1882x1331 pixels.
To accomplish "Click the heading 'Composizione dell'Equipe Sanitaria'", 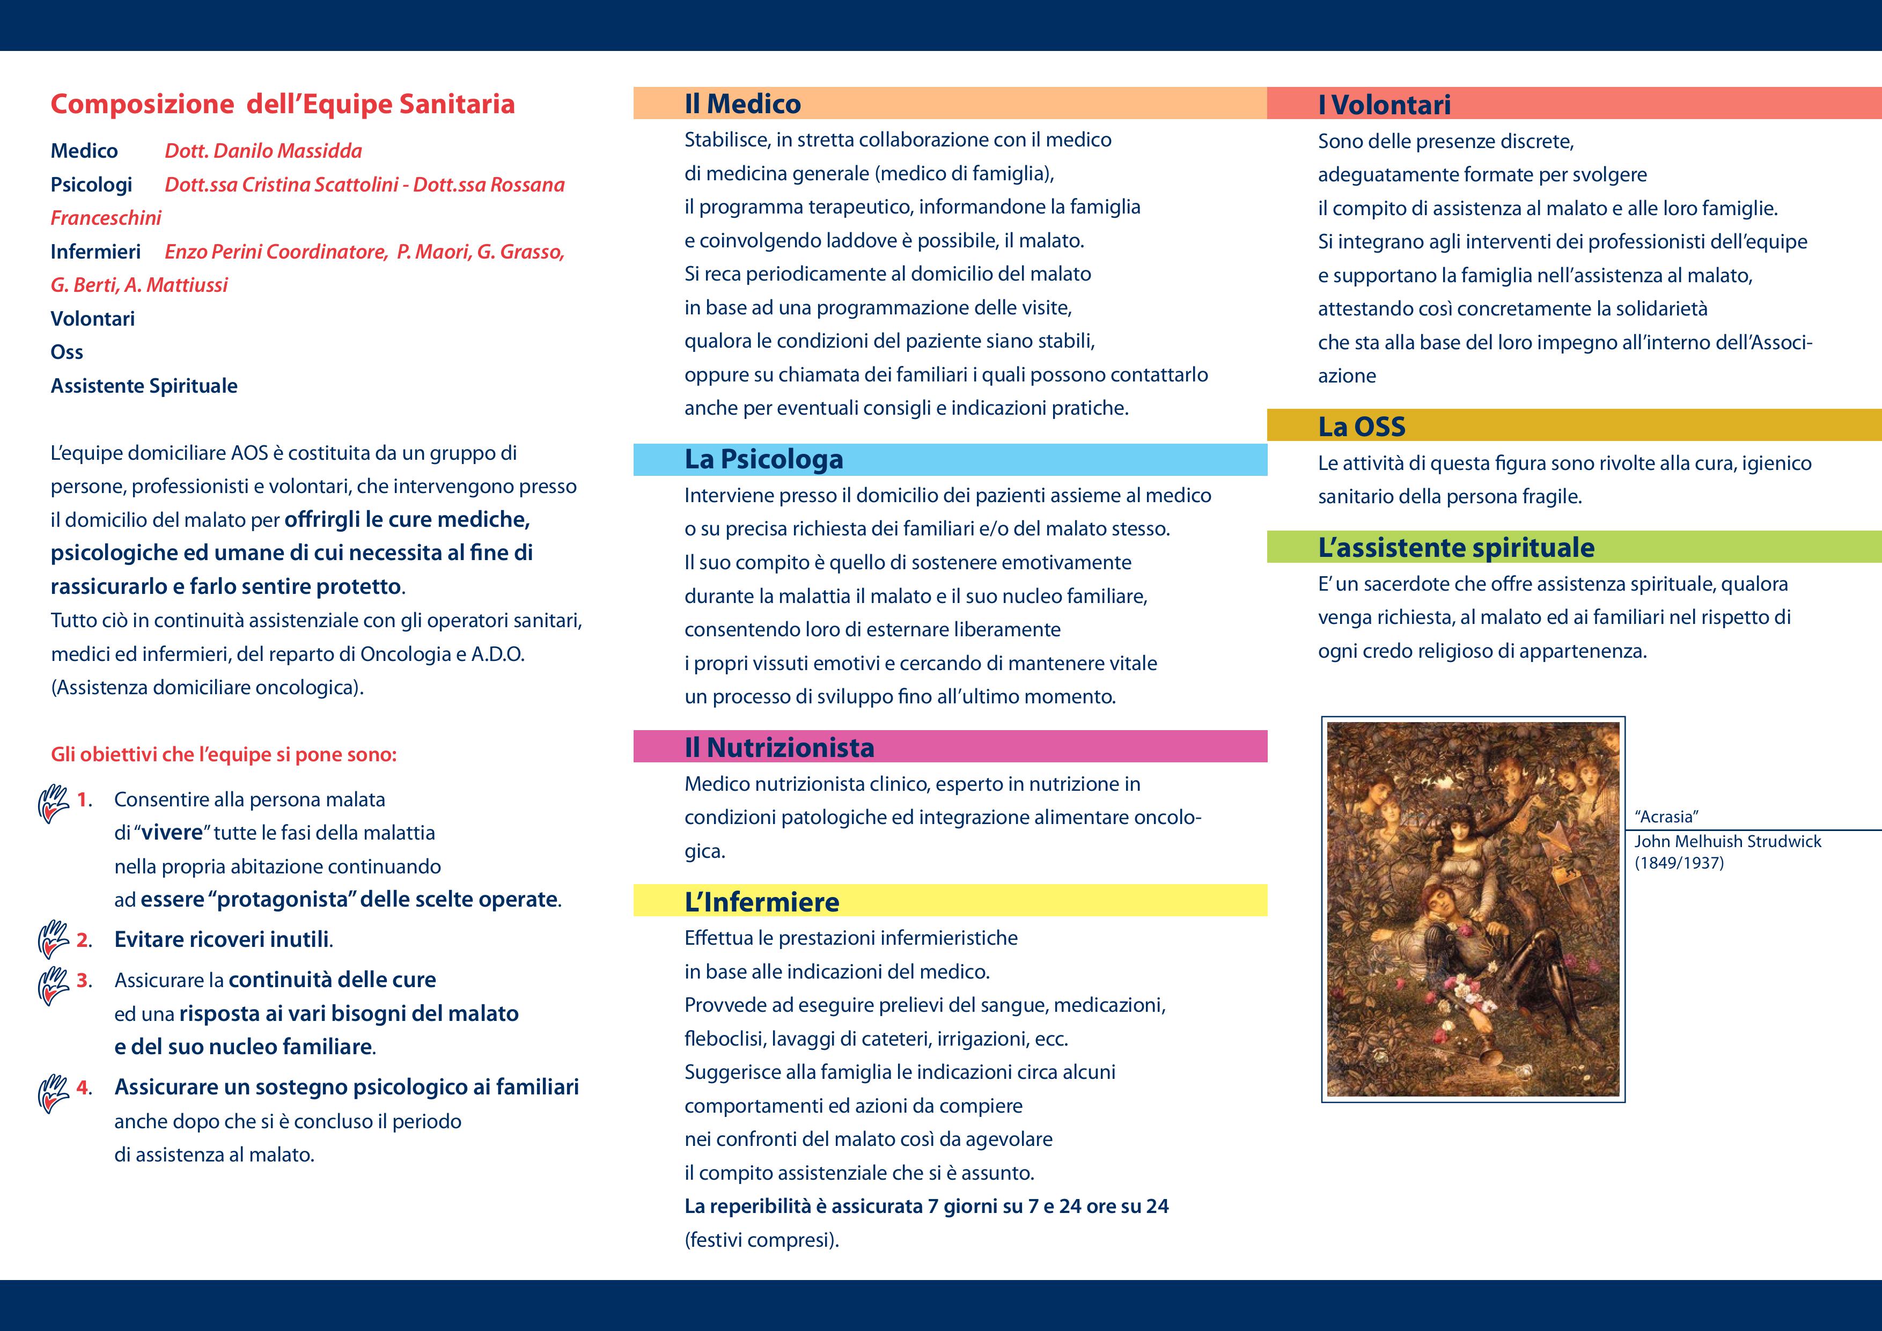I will pyautogui.click(x=283, y=104).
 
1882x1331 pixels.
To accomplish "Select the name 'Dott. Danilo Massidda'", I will pyautogui.click(x=263, y=151).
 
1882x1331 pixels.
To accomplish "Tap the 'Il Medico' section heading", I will pyautogui.click(x=742, y=104).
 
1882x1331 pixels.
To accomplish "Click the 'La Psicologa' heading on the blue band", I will pyautogui.click(x=764, y=459).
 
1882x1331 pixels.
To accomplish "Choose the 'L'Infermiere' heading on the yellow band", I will pyautogui.click(x=761, y=901).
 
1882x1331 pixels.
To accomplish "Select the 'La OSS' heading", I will pyautogui.click(x=1362, y=426).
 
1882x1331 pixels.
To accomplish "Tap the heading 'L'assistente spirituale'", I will pyautogui.click(x=1456, y=548).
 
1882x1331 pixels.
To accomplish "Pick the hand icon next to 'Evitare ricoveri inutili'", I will pyautogui.click(x=53, y=939).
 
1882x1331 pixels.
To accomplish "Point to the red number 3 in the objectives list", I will pyautogui.click(x=83, y=980).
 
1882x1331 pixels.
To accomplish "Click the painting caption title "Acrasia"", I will pyautogui.click(x=1665, y=817).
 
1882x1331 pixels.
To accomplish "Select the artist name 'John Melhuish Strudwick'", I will pyautogui.click(x=1727, y=841).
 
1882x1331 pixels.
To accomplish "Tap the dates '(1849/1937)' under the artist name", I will pyautogui.click(x=1679, y=863).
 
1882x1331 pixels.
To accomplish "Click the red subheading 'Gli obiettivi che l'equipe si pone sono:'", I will pyautogui.click(x=224, y=754).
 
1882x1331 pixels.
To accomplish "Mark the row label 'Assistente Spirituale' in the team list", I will pyautogui.click(x=144, y=386).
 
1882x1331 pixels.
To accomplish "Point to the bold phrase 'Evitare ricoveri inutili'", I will pyautogui.click(x=222, y=939).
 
